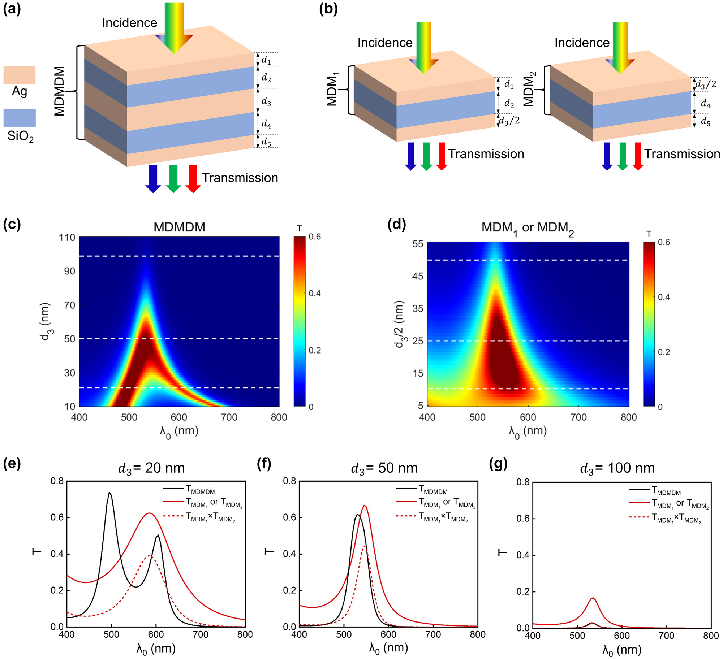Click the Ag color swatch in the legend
coord(20,75)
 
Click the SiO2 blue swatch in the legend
coord(20,118)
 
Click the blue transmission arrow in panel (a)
coord(153,178)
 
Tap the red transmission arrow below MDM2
coord(638,156)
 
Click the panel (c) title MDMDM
coord(179,227)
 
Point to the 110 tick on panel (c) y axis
coord(67,238)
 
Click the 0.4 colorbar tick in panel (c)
coord(315,293)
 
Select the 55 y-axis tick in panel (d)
coord(418,244)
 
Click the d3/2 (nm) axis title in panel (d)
coord(399,324)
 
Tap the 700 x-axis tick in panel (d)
coord(578,417)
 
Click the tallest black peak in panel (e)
coord(109,493)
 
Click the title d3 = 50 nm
coord(384,468)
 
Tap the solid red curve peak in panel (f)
coord(365,506)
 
